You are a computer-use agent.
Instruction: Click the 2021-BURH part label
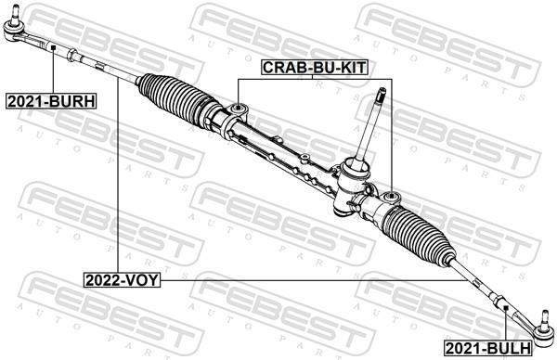point(51,101)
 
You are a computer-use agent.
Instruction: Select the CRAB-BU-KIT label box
point(314,67)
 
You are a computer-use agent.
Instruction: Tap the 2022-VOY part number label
point(122,280)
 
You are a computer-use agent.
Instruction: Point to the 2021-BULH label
point(488,348)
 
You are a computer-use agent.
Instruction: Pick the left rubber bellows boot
point(175,98)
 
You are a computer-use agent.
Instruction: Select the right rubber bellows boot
point(419,235)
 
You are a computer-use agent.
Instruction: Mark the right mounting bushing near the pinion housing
point(391,196)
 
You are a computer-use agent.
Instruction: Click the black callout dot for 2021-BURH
point(53,47)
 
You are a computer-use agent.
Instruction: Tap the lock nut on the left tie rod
point(71,55)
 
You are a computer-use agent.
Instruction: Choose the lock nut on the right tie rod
point(499,302)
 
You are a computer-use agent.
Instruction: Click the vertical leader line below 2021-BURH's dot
point(53,71)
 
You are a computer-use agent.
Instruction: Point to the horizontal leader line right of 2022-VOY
point(314,280)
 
